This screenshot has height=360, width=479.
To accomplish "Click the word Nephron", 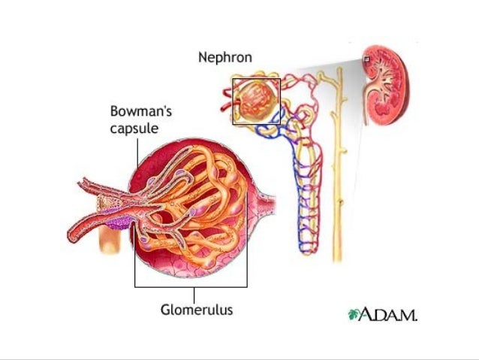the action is [x=224, y=57].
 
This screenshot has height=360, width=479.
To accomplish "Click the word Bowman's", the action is [x=141, y=111].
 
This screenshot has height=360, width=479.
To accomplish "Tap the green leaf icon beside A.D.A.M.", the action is [x=353, y=313].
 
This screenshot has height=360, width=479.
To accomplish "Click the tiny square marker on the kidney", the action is [x=366, y=59].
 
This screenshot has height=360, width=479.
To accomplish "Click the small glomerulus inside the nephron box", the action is [x=255, y=100].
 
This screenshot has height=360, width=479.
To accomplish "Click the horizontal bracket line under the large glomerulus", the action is [x=191, y=286].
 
